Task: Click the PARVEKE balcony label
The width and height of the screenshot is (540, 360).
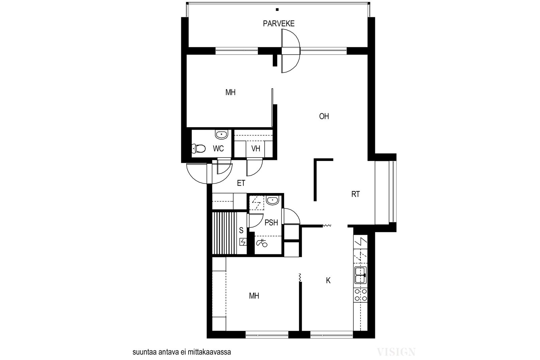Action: point(279,24)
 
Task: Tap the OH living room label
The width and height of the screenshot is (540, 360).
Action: point(324,116)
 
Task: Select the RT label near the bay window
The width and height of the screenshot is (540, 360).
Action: point(356,194)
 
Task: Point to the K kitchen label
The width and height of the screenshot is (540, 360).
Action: point(328,280)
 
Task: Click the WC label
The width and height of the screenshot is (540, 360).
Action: point(218,149)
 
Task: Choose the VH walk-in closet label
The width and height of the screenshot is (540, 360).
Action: point(256,149)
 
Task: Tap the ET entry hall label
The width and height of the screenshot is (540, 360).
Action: point(241,183)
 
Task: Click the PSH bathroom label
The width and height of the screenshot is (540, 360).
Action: point(271,223)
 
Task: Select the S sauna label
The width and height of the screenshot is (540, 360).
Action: point(241,230)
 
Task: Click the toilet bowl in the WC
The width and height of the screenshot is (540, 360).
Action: point(198,148)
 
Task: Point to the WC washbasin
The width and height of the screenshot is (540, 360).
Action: point(221,135)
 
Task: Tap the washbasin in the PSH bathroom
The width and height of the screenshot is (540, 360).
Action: point(273,200)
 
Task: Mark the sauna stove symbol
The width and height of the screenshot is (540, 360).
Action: point(243,242)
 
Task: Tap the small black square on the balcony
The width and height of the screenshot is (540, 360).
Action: point(277,10)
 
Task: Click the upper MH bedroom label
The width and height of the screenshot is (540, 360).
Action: point(231,92)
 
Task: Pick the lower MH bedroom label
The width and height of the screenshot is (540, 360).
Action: point(254,296)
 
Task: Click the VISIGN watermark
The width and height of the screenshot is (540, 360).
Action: point(396,352)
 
